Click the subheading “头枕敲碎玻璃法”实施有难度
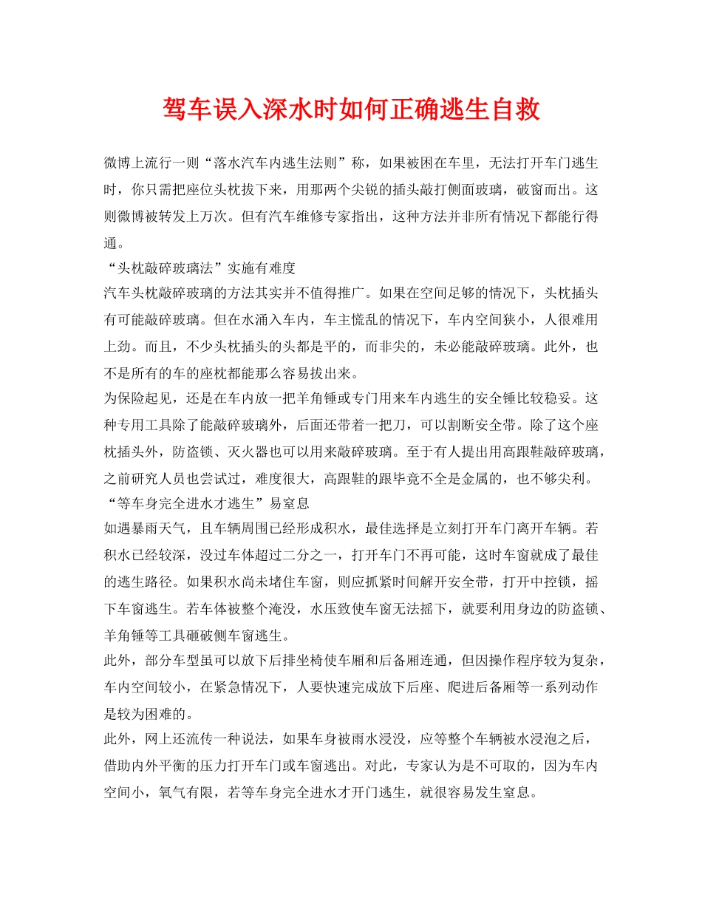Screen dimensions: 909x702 (200, 267)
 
